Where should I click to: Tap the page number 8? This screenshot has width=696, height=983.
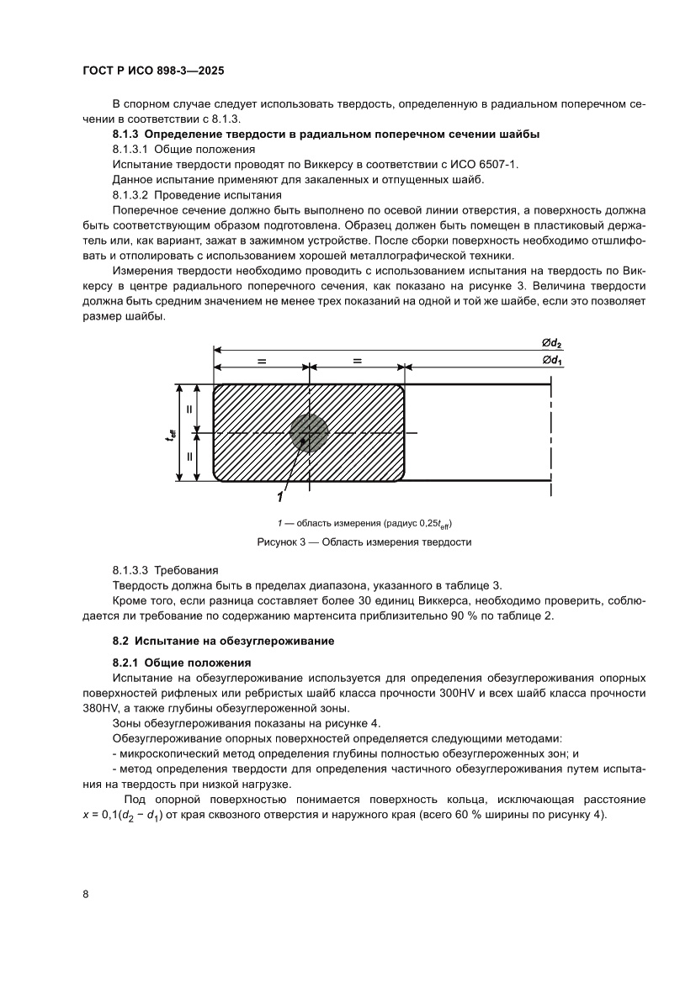tap(86, 893)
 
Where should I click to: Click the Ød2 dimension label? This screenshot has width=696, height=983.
tap(552, 341)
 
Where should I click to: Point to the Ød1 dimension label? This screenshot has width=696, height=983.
tap(552, 360)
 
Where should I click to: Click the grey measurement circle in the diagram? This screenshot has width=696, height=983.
tap(309, 433)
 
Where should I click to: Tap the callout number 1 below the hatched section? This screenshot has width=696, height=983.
tap(280, 495)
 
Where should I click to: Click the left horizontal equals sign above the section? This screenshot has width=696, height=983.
tap(262, 361)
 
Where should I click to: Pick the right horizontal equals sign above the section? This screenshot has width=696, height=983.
tap(358, 361)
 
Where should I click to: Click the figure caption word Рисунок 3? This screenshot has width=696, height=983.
tap(283, 542)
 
